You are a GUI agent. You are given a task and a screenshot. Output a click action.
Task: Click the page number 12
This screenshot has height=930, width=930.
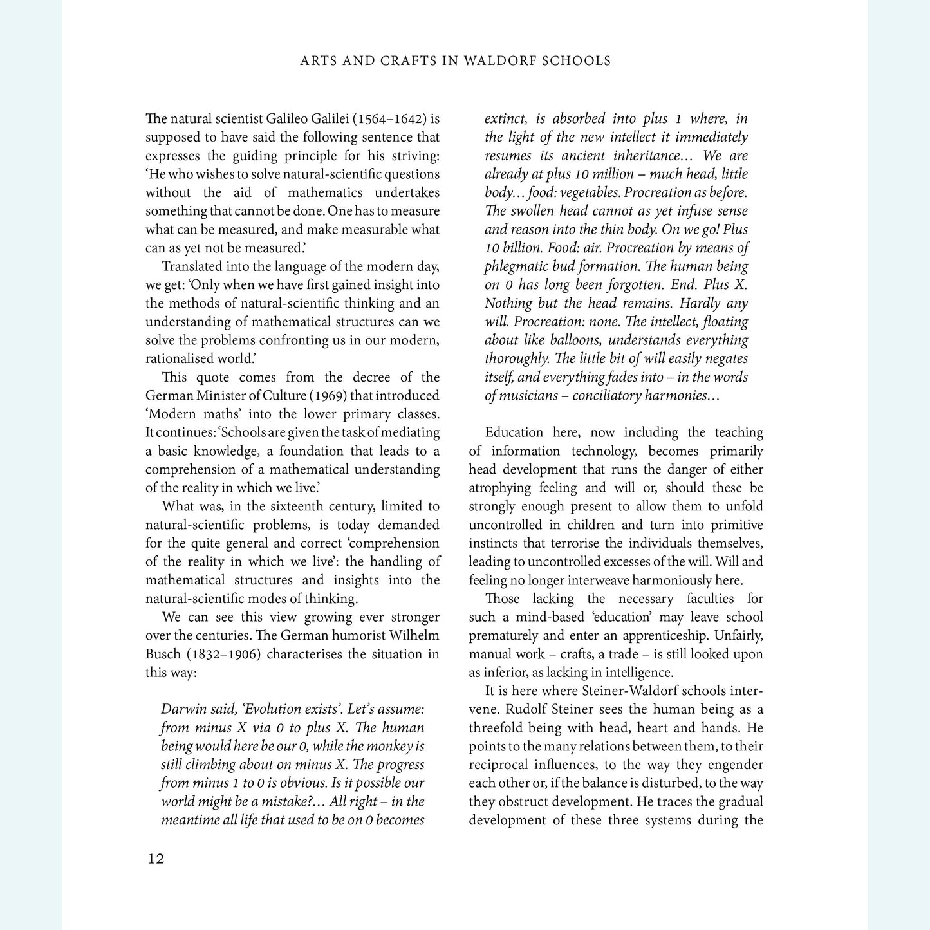(156, 859)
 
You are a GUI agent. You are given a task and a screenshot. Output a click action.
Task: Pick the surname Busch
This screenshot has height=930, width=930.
(163, 655)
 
